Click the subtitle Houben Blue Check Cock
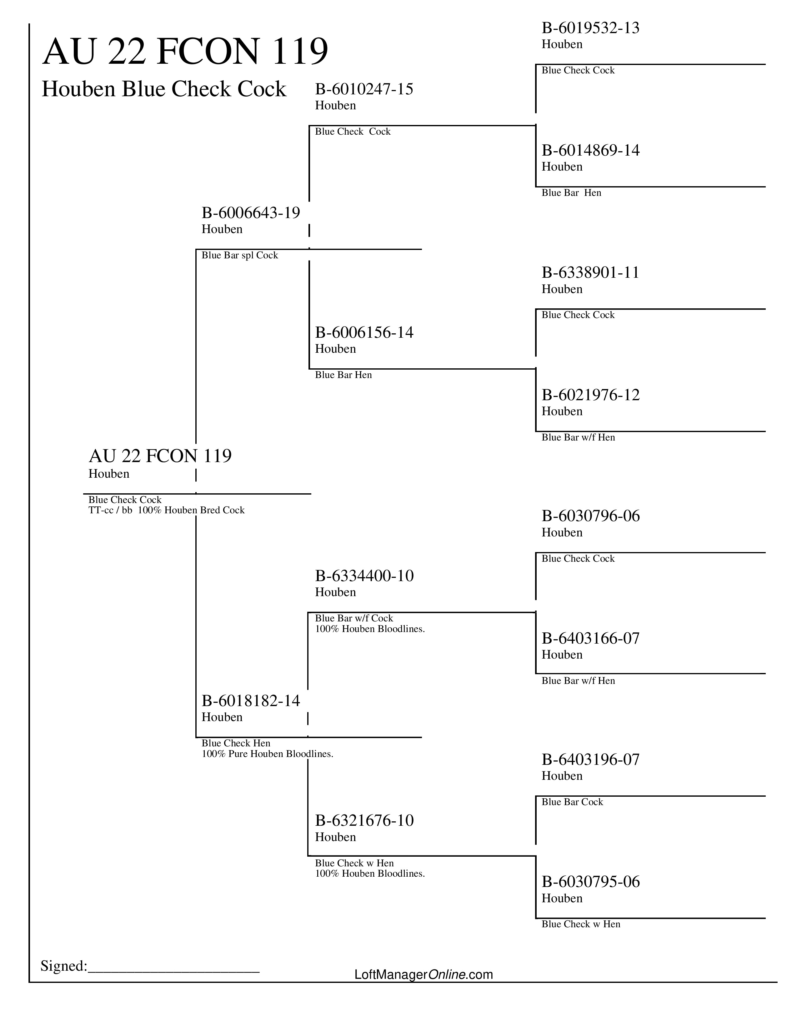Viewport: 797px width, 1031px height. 164,89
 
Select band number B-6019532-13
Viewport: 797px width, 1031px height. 590,28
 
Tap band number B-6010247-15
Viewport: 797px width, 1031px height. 364,89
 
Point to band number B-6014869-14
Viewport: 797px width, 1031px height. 590,151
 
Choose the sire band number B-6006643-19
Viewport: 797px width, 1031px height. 251,213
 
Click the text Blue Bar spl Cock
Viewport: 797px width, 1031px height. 240,255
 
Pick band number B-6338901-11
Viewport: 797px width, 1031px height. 590,273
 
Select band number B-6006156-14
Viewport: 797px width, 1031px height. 364,333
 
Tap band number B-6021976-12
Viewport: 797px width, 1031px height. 590,395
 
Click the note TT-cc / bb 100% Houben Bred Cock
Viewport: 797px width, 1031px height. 166,510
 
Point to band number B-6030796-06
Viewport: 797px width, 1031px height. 590,516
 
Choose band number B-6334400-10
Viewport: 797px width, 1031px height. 364,576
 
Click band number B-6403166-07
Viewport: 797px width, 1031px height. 590,638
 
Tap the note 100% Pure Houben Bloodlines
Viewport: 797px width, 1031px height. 267,754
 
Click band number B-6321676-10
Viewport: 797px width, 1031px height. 364,820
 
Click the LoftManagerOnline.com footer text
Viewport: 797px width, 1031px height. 424,974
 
